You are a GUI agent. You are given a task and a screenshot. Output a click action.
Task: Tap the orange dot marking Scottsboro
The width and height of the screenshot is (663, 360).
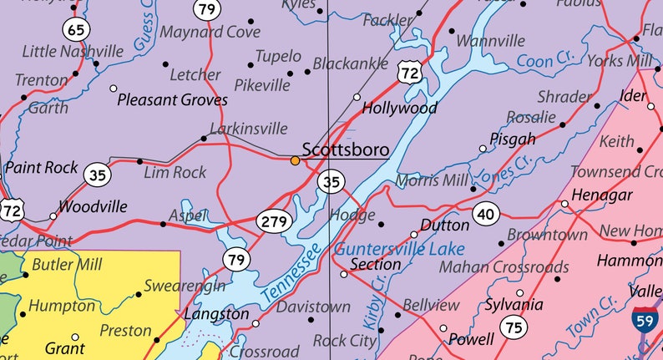[x=295, y=160]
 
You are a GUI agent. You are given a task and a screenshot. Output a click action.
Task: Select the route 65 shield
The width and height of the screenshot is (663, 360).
[x=76, y=30]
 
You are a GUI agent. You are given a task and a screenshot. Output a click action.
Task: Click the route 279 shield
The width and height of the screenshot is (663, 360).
[x=276, y=221]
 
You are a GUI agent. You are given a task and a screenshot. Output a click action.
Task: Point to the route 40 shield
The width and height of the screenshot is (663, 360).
[x=485, y=214]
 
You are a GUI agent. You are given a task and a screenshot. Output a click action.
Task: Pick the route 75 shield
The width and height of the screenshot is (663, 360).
[x=511, y=326]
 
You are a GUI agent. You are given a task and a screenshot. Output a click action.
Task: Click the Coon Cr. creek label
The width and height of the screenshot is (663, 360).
[x=546, y=60]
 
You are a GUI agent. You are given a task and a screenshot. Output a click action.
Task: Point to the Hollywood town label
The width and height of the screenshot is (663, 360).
[x=399, y=109]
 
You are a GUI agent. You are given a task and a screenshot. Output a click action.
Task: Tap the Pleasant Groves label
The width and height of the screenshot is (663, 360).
[x=172, y=100]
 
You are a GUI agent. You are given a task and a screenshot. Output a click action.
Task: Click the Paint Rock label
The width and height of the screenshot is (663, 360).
[x=41, y=167]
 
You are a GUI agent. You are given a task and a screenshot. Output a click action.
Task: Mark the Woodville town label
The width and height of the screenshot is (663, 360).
[x=93, y=206]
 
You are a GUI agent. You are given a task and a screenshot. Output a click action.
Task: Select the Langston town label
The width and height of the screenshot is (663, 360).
[x=216, y=314]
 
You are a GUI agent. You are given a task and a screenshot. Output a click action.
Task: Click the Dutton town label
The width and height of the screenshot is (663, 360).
[x=444, y=226]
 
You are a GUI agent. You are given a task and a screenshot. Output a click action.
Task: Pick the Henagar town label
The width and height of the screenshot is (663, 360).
[x=600, y=195]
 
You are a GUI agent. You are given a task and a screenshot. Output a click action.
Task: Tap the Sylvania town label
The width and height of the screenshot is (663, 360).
[x=514, y=305]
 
